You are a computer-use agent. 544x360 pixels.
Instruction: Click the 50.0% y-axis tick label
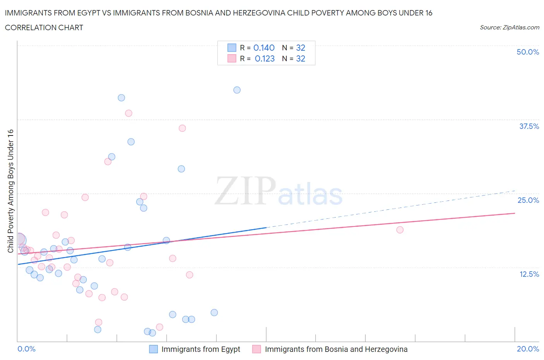click(528, 52)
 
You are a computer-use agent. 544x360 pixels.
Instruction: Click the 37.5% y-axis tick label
click(529, 126)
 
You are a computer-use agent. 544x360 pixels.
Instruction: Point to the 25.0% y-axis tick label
click(528, 200)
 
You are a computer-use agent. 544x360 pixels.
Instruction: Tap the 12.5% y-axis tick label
click(529, 274)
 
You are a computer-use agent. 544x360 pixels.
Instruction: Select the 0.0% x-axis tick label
click(26, 349)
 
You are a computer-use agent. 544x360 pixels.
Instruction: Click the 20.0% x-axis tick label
click(528, 349)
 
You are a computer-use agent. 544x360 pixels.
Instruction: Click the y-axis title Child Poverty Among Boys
click(10, 191)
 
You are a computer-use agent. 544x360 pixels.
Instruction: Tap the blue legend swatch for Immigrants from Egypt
click(154, 349)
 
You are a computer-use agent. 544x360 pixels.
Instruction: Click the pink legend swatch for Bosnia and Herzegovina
click(257, 349)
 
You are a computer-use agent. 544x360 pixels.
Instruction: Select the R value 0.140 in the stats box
click(264, 48)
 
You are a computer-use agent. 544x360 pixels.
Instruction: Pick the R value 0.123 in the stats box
click(265, 58)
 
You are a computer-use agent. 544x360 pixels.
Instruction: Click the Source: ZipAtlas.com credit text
click(509, 27)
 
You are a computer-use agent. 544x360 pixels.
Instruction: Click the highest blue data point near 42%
click(237, 90)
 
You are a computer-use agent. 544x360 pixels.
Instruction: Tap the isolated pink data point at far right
click(400, 230)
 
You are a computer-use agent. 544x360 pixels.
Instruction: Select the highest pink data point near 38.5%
click(128, 113)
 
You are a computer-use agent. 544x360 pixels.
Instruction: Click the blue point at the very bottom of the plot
click(152, 333)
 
